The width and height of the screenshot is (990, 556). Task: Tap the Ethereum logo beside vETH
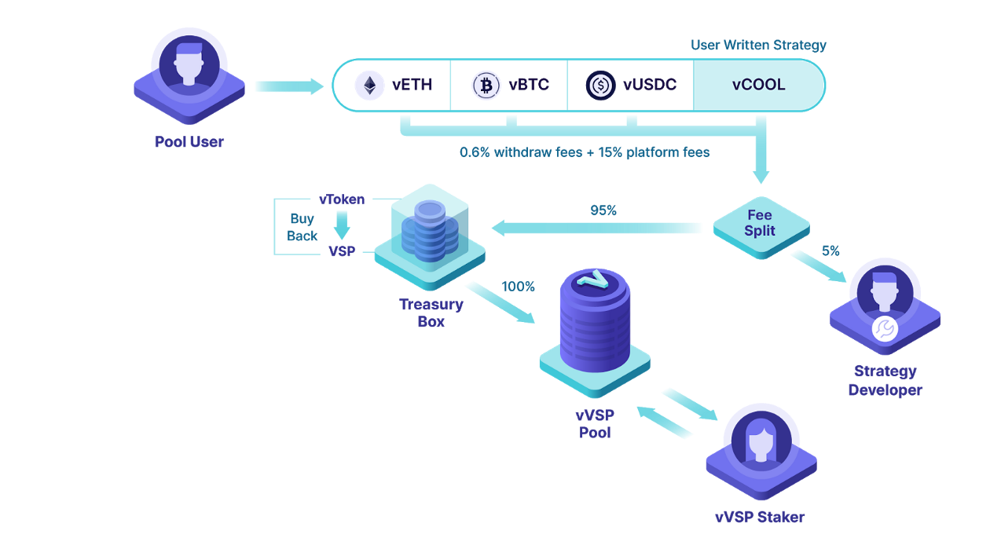coord(369,85)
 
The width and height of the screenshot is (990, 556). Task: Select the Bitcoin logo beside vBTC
coord(486,85)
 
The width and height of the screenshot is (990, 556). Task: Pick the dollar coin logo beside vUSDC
coord(601,85)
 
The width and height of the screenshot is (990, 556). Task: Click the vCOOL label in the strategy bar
coord(758,85)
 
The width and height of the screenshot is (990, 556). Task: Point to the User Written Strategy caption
coord(758,45)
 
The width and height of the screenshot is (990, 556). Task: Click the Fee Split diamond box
coord(760,224)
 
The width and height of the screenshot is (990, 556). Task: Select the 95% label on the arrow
coord(603,210)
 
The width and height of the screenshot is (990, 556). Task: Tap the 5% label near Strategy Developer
coord(830,251)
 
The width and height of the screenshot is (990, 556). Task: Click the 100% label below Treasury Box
coord(518,287)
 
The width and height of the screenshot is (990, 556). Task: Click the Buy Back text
coord(302,227)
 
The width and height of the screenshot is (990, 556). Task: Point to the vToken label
coord(342,199)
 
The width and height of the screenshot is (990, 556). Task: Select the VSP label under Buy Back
coord(342,251)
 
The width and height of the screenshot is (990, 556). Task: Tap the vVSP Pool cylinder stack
coord(595,326)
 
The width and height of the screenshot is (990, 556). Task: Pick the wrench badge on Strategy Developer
coord(885,328)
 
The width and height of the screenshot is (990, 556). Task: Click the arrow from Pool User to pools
coord(288,86)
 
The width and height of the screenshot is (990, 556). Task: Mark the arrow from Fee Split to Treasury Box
coord(597,228)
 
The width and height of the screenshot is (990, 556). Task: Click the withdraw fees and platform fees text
coord(585,152)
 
